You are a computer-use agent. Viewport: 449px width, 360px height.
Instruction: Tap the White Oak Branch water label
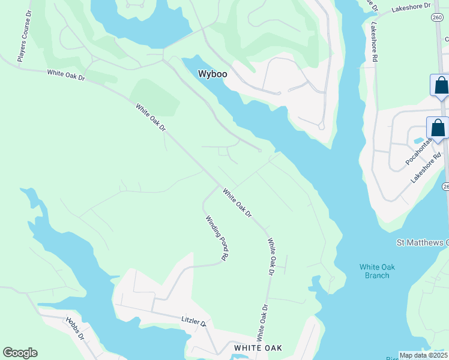pos(375,271)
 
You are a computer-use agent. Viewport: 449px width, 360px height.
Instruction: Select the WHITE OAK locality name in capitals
pos(258,348)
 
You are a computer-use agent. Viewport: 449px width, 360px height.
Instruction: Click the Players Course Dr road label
pos(25,43)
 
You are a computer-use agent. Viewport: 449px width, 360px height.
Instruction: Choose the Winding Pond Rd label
pos(217,238)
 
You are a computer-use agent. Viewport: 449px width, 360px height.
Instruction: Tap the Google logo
pos(20,353)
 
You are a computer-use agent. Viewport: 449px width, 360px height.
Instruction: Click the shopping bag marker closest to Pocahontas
pos(438,128)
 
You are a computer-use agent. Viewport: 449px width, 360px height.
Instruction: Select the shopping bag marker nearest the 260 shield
pos(441,85)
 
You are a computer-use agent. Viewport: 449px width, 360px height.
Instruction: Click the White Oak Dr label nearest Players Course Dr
pos(67,75)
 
